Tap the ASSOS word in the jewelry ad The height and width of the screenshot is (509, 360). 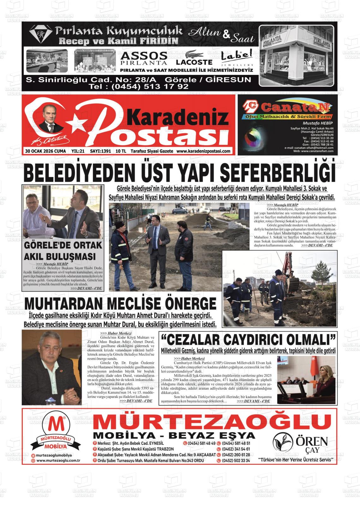click(144, 56)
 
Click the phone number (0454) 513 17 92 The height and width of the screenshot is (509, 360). click(139, 86)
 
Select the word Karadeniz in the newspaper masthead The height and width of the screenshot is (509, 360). click(179, 117)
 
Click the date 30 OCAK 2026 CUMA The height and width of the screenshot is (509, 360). click(45, 151)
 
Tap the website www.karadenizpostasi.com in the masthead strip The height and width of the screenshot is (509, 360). click(203, 151)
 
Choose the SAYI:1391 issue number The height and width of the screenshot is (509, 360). click(100, 151)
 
